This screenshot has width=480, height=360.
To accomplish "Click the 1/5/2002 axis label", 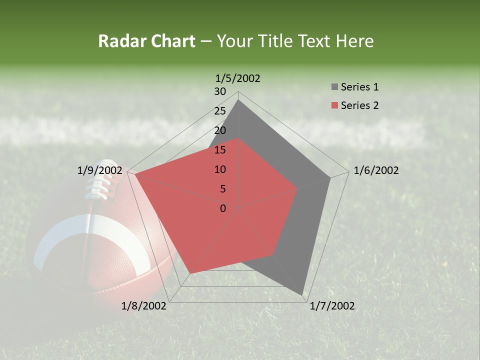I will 237,78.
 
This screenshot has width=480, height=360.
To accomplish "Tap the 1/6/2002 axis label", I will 376,170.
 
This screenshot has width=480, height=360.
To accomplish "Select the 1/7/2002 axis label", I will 332,306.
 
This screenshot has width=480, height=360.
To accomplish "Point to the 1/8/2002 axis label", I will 144,306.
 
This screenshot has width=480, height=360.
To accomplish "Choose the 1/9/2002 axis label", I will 100,170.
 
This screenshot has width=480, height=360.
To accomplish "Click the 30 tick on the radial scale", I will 220,91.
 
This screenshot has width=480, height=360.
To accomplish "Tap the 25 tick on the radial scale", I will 220,111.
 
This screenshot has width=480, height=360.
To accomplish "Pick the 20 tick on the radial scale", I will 220,130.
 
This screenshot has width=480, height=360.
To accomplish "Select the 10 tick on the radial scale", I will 220,169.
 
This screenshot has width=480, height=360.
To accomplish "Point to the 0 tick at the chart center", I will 223,208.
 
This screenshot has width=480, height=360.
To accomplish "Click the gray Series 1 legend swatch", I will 334,87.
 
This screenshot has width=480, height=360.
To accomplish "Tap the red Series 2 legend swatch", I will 334,105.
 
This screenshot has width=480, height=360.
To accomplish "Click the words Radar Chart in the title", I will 146,41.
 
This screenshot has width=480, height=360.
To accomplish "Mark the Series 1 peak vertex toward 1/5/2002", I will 238,100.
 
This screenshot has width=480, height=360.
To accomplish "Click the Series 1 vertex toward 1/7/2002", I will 302,294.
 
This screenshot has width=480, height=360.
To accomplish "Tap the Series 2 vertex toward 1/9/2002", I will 135,174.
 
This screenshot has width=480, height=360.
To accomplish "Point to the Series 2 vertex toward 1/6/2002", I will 297,189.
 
